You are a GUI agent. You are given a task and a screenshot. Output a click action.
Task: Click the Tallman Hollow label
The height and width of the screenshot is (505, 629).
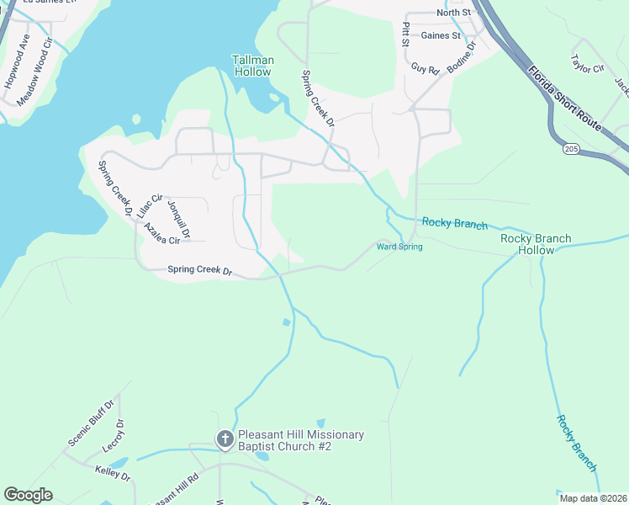coord(252,66)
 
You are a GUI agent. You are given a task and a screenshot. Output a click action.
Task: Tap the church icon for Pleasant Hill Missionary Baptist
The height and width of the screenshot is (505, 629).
coord(225,439)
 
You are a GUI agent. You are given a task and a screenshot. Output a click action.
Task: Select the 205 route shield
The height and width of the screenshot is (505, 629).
coord(572,148)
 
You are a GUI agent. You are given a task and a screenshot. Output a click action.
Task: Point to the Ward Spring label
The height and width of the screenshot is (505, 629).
coord(399,247)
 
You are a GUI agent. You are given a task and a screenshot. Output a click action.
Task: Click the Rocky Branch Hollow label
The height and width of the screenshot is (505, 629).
coord(536,244)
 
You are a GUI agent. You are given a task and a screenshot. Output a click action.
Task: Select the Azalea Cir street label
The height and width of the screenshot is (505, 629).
coord(161,234)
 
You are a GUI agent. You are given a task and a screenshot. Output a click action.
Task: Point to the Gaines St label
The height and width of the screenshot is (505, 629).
coord(441,35)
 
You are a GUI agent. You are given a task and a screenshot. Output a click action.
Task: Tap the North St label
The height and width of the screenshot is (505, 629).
coord(454,13)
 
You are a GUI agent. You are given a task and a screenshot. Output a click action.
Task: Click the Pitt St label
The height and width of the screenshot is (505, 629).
coord(405,35)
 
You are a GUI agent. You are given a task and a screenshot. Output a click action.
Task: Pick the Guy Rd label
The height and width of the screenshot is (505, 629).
coord(425,69)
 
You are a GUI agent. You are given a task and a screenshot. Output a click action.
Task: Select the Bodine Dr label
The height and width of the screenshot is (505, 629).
coord(462,57)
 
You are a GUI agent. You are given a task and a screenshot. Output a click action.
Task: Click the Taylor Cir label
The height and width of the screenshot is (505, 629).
coord(588,64)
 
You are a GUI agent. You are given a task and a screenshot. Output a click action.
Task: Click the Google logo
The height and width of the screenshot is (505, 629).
coord(28,495)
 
